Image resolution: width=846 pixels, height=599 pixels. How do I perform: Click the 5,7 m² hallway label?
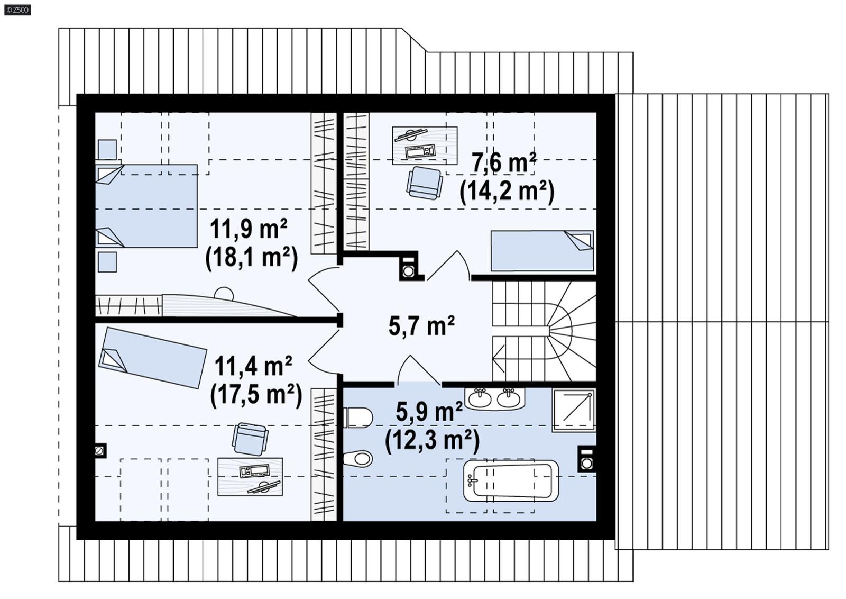[x=421, y=326]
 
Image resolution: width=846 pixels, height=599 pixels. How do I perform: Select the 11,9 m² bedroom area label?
[x=249, y=229]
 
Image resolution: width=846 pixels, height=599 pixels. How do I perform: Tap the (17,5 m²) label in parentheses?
[x=256, y=395]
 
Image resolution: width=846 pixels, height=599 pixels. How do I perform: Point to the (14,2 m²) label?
[x=507, y=191]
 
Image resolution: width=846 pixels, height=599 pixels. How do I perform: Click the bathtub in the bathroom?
[x=511, y=480]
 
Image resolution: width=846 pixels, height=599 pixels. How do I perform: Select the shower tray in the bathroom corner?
[x=574, y=410]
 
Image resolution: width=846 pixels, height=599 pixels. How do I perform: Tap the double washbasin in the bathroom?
[x=494, y=398]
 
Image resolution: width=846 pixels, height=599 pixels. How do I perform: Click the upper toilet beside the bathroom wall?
[x=358, y=418]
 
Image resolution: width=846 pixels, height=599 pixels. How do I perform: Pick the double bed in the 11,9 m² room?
[x=146, y=206]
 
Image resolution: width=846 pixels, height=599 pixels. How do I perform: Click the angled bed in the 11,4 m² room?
[x=152, y=357]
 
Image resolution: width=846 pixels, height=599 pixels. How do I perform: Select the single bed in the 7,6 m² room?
[x=542, y=251]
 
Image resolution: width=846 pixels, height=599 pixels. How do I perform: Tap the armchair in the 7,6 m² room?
[x=424, y=183]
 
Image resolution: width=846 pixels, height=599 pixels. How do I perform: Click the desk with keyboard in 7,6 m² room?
[x=425, y=144]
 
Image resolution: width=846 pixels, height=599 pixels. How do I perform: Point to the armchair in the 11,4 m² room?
[x=250, y=439]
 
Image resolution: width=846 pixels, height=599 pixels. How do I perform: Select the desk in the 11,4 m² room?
[x=250, y=476]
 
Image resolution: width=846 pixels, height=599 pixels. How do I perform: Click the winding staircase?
[x=545, y=331]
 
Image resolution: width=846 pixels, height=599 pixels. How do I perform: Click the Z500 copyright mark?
[x=17, y=10]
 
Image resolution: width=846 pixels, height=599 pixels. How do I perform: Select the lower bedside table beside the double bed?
[x=107, y=262]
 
